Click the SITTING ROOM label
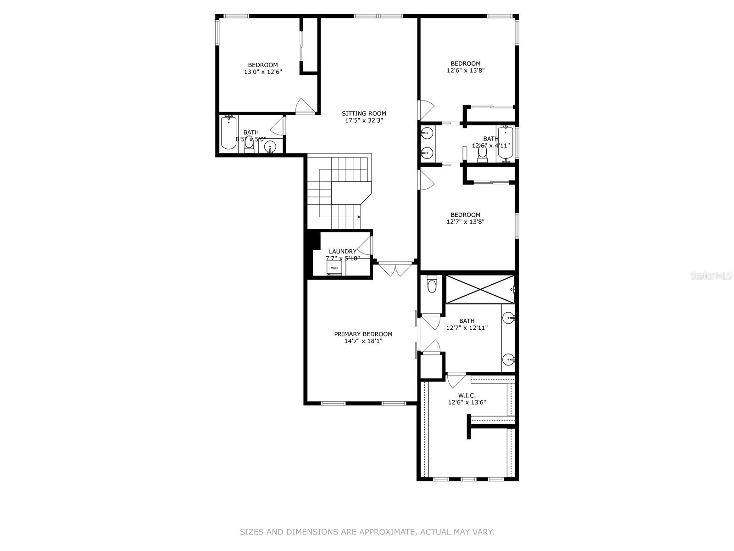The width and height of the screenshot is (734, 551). tap(364, 113)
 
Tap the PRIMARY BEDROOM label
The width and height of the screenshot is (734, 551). tap(363, 334)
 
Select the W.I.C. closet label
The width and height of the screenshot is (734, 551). tap(467, 395)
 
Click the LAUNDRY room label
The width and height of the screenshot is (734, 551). tap(342, 251)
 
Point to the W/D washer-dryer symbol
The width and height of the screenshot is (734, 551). tap(334, 268)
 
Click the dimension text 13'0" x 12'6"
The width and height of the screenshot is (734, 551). tap(262, 72)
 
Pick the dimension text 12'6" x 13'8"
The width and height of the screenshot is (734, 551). tap(466, 71)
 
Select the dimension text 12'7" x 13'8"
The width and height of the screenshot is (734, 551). tap(466, 222)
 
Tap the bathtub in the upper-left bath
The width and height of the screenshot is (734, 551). tap(228, 134)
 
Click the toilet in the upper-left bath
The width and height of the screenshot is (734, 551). tap(249, 144)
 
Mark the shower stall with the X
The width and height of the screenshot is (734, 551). tap(480, 289)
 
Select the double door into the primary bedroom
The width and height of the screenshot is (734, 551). tap(393, 270)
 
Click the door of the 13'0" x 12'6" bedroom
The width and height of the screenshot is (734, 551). tap(305, 107)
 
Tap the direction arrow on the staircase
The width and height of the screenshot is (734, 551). tap(358, 216)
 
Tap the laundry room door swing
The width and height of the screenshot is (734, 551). tap(366, 247)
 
